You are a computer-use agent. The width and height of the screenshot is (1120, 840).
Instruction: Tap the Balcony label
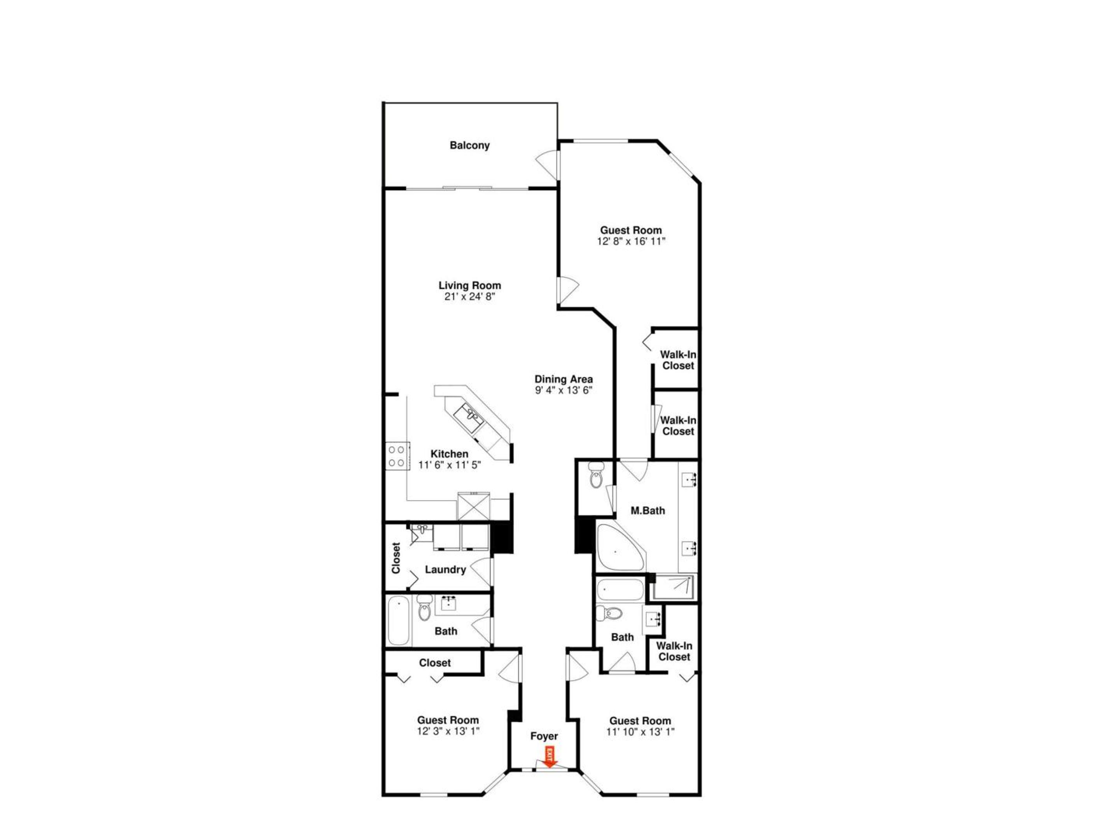click(469, 145)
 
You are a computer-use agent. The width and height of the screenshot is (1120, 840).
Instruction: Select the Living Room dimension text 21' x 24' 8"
click(469, 297)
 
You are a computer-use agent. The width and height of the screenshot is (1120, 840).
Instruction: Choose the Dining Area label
click(563, 379)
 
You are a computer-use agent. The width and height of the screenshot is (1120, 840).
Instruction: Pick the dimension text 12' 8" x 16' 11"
click(631, 241)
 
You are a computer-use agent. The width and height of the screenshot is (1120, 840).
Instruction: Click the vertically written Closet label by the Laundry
click(396, 558)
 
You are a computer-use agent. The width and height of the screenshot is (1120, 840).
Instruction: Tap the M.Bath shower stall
click(674, 587)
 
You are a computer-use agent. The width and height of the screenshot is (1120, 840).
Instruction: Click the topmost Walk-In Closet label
click(678, 360)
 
